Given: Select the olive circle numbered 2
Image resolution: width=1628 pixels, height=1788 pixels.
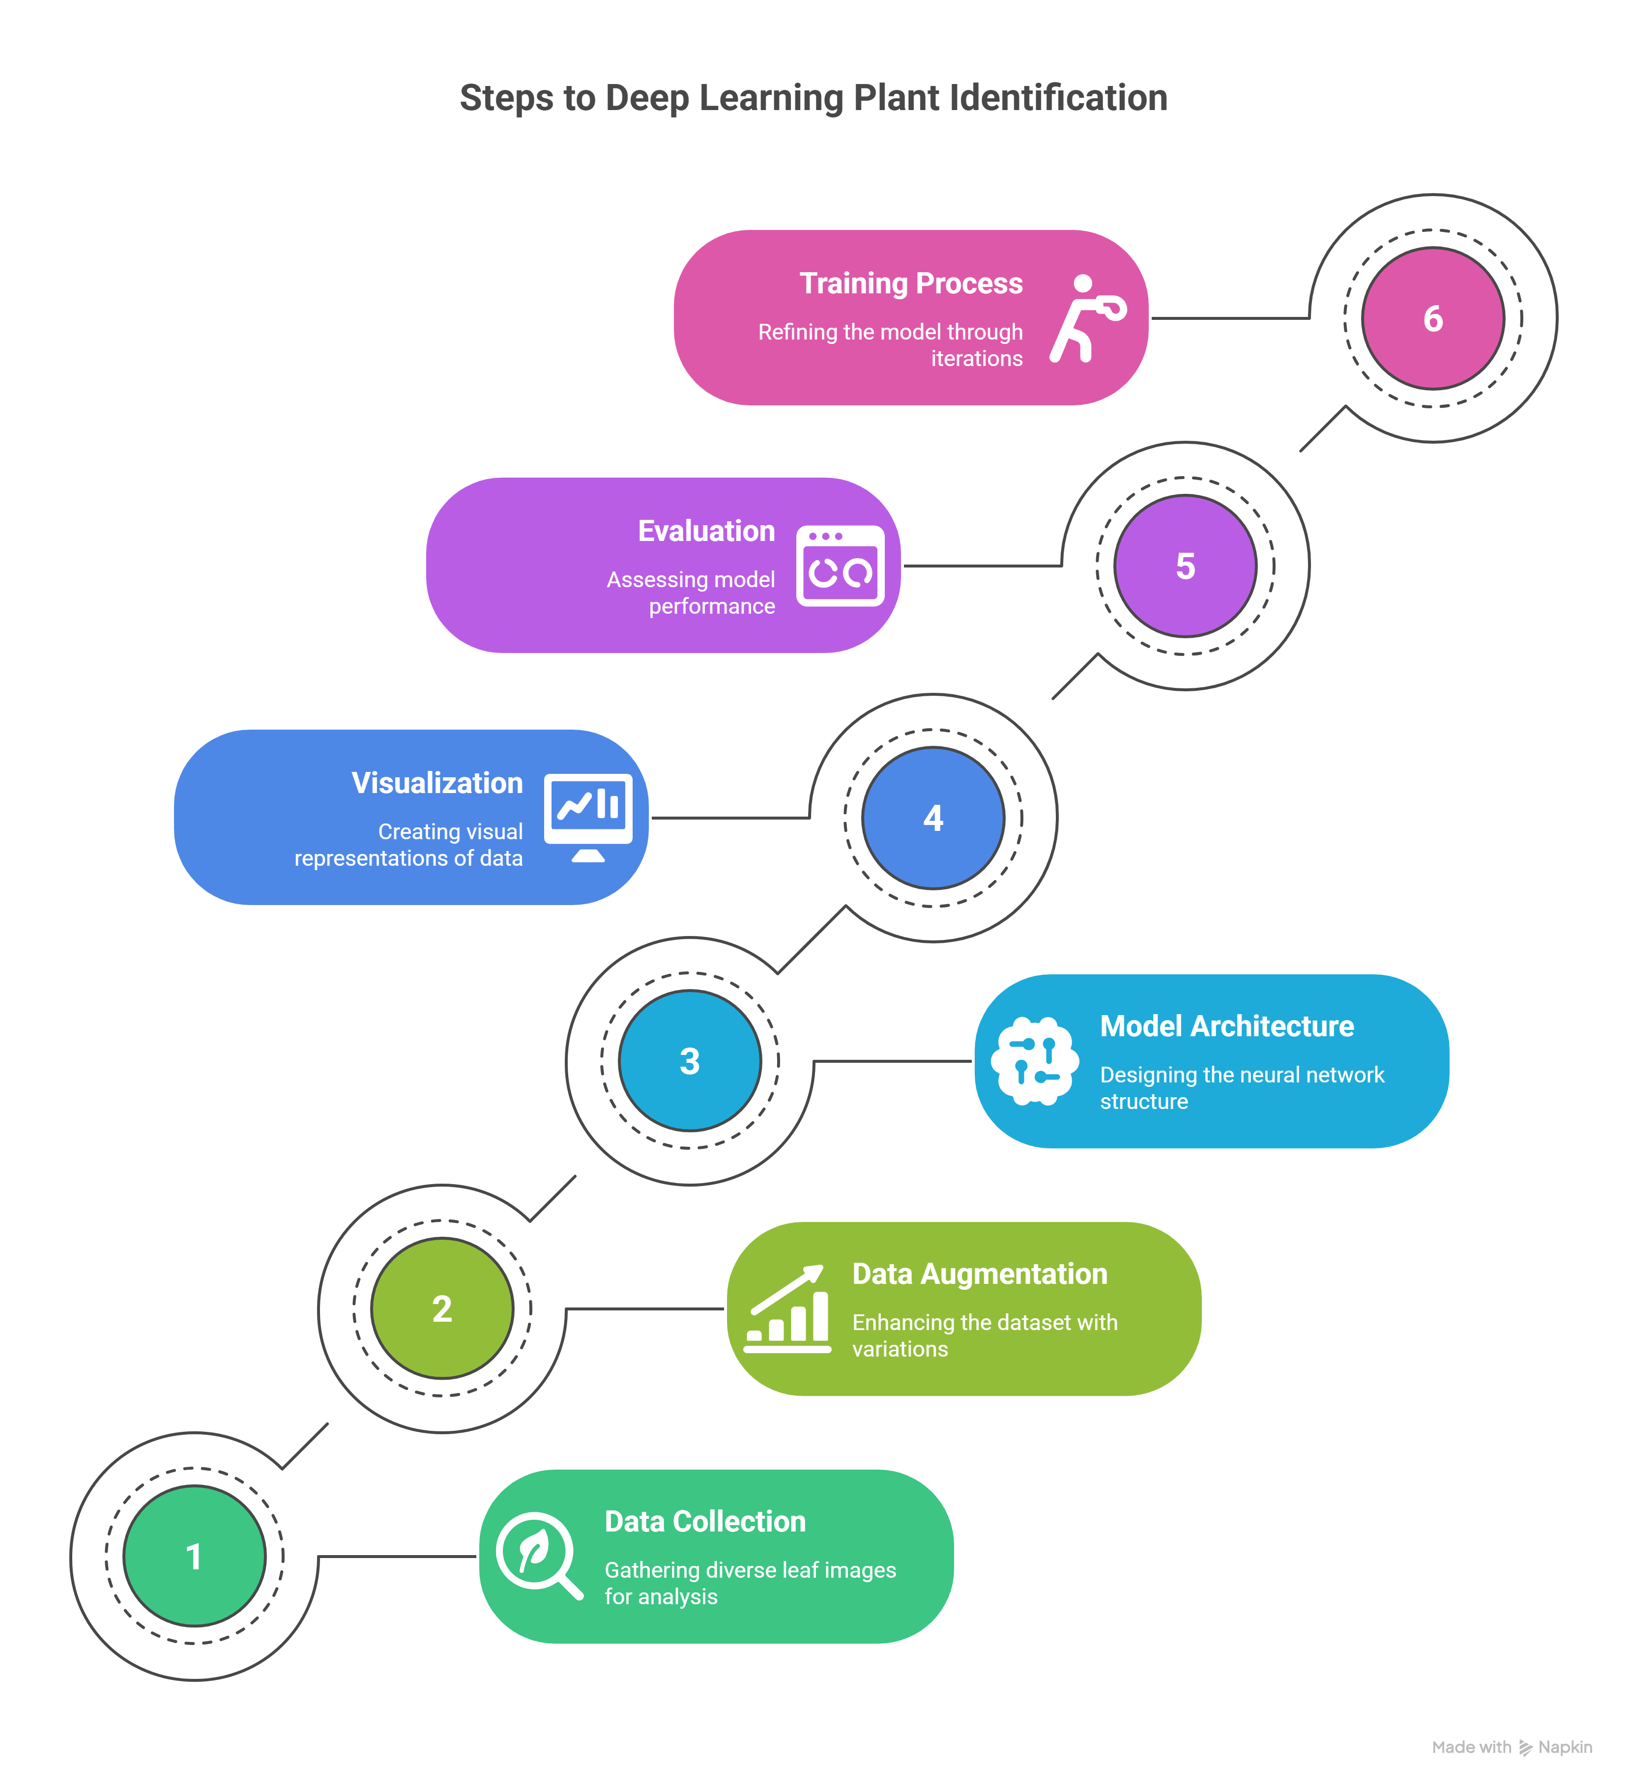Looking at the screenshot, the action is pyautogui.click(x=442, y=1308).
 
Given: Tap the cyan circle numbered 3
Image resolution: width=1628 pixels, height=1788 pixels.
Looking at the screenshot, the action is pyautogui.click(x=689, y=1061).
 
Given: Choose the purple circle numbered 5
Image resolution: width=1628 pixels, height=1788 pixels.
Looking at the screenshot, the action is pyautogui.click(x=1185, y=566).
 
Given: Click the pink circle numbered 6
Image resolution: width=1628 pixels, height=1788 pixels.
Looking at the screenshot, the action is pyautogui.click(x=1433, y=318).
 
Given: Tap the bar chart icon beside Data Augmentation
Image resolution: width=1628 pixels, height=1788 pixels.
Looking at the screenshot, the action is pyautogui.click(x=787, y=1308).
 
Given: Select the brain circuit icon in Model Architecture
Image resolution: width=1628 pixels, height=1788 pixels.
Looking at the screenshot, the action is pyautogui.click(x=1035, y=1061).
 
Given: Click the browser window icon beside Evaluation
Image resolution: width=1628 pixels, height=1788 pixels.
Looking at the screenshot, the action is pyautogui.click(x=840, y=566).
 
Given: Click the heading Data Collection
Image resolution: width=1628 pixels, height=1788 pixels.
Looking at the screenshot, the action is pyautogui.click(x=705, y=1521).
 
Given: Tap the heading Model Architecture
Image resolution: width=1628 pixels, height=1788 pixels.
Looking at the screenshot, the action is pyautogui.click(x=1227, y=1026).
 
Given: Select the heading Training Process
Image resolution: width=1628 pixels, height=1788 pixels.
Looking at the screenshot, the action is pyautogui.click(x=911, y=283).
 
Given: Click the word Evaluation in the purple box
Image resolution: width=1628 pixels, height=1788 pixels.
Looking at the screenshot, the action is pyautogui.click(x=706, y=530).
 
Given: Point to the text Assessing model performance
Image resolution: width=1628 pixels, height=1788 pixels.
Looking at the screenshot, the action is pyautogui.click(x=691, y=593).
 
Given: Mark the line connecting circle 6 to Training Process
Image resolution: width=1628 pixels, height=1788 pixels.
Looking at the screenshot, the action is pyautogui.click(x=1230, y=317).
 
